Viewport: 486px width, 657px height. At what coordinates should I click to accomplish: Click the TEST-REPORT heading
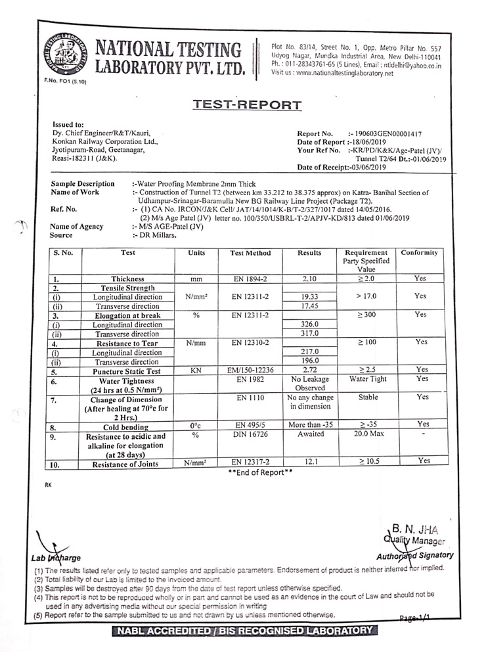(248, 105)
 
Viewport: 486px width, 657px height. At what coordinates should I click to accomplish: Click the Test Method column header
(250, 253)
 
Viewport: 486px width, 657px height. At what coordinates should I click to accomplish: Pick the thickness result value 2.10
(309, 279)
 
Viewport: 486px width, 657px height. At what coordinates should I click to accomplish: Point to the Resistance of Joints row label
(127, 464)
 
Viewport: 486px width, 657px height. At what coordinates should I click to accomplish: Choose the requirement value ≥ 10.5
(364, 463)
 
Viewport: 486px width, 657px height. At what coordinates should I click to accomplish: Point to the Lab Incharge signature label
(56, 558)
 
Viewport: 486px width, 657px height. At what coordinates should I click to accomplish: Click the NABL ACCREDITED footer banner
(244, 631)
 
